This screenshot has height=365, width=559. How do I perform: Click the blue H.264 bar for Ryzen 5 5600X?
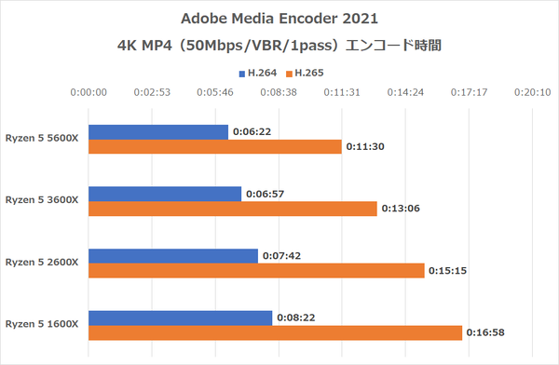tap(157, 132)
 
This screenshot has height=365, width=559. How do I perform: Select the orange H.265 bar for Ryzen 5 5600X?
tap(215, 147)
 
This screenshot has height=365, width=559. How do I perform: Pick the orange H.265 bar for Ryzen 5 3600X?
tap(232, 209)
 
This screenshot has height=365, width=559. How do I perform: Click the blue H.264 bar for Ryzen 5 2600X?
tap(172, 256)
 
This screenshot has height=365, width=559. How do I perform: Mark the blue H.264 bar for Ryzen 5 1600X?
tap(180, 318)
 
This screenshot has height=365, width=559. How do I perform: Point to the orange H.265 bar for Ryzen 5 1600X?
tap(275, 333)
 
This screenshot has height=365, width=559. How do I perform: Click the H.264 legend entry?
tap(252, 72)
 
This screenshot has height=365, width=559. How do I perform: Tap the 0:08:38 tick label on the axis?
tap(279, 92)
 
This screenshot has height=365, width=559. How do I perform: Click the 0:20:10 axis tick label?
tap(532, 92)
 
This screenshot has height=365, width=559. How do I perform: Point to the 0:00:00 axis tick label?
tap(89, 92)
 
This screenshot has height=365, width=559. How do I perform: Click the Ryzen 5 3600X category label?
tap(43, 199)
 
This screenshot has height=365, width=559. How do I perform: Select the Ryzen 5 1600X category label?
tap(43, 324)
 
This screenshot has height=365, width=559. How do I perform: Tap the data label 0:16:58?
tap(488, 333)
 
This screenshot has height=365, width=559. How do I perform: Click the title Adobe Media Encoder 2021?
tap(279, 19)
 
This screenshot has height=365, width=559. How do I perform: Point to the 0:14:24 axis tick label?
tap(405, 92)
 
